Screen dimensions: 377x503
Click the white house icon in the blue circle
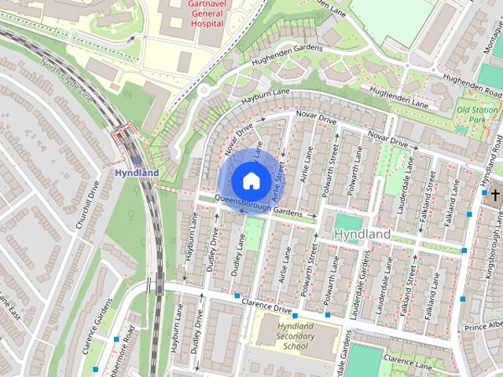[x=250, y=181]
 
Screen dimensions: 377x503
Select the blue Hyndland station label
[x=137, y=173]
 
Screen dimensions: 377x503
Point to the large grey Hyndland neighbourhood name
[x=362, y=235]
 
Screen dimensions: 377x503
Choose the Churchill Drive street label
[x=86, y=206]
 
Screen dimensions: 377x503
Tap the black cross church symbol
[x=495, y=193]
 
